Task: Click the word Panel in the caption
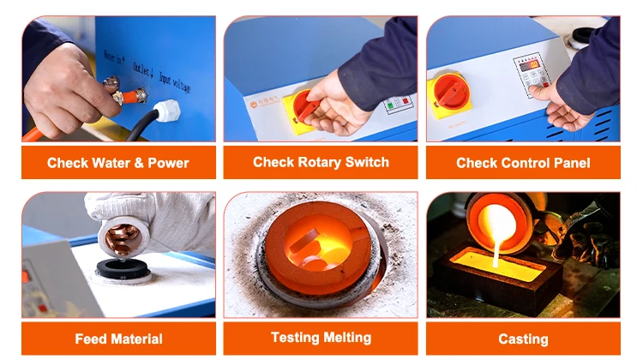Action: [571, 163]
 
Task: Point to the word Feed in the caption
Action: [92, 339]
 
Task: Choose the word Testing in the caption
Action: [295, 338]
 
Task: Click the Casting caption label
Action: [523, 339]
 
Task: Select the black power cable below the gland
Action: [141, 127]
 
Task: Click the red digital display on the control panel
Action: [531, 65]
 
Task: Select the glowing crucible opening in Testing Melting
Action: [315, 249]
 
